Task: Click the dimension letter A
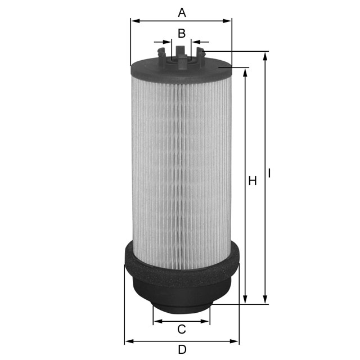tap(181, 12)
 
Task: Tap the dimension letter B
tap(182, 33)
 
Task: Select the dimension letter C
tap(182, 329)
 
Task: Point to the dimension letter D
tap(182, 349)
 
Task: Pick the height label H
tap(253, 181)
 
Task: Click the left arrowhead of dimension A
tap(134, 21)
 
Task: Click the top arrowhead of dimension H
tap(245, 72)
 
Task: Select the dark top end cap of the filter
tap(181, 71)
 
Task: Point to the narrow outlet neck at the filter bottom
tap(181, 307)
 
